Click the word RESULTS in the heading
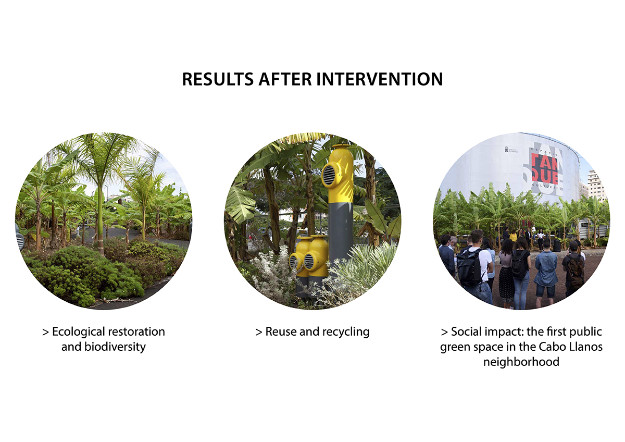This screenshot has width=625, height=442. (218, 79)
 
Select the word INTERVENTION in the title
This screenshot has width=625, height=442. (380, 79)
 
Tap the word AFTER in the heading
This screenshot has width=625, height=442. (285, 79)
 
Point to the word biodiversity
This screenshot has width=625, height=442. (115, 347)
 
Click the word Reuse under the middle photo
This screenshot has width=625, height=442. (281, 331)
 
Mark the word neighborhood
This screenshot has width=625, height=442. (521, 362)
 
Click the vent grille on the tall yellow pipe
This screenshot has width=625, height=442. (329, 175)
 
